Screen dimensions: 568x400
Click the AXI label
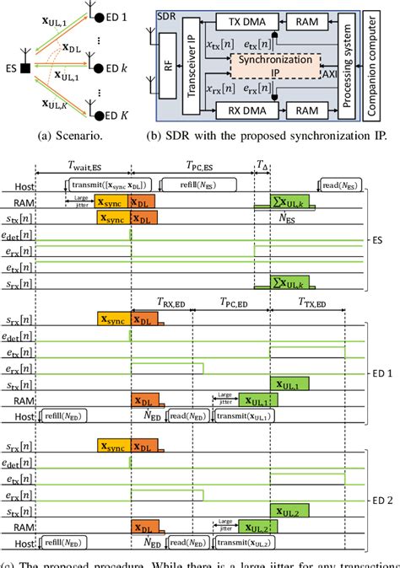[336, 74]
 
